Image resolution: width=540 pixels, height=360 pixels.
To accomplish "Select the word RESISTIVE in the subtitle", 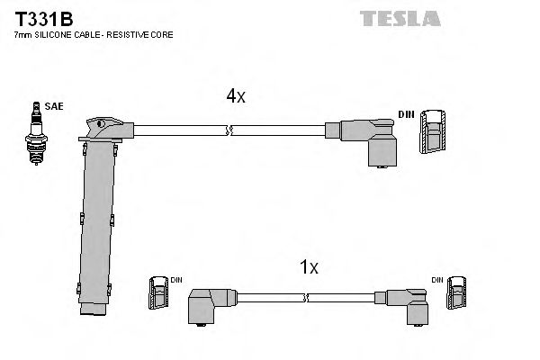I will point(124,35).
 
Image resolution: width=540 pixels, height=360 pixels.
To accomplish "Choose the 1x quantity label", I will point(309,267).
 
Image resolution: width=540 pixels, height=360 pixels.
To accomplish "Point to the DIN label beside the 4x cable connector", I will point(406,114).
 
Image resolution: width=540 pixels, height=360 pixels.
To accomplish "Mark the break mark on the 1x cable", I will point(306,297).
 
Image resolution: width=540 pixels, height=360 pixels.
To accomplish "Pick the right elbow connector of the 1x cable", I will point(408,302).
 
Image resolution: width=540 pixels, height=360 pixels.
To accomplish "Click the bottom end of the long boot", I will point(93,310).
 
